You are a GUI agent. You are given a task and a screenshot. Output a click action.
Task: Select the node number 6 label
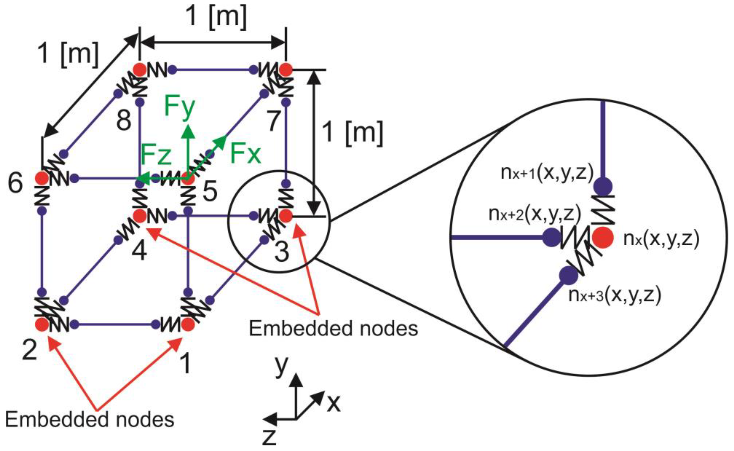click(x=15, y=183)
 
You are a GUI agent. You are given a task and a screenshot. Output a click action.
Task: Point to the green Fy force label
click(x=179, y=107)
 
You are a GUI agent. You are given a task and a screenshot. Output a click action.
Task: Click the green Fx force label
click(x=246, y=154)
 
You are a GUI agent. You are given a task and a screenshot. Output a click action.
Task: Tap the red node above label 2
click(x=42, y=324)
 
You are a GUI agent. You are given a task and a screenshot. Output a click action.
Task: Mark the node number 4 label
click(x=139, y=251)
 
